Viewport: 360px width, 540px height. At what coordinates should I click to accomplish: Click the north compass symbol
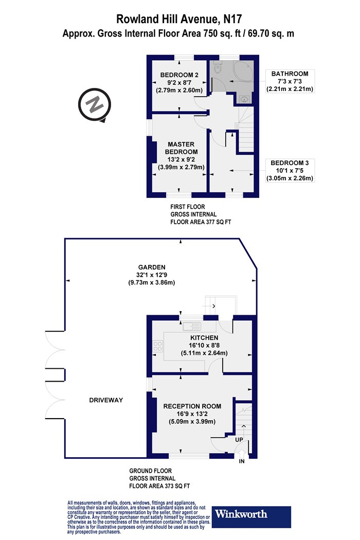click(x=95, y=105)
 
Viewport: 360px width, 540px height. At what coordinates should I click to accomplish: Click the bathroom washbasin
click(x=244, y=100)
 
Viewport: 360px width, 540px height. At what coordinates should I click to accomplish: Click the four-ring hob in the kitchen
click(x=157, y=346)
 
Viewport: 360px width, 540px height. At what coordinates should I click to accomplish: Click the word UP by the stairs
click(x=239, y=439)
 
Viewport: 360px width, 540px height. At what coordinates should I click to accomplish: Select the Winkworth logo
click(x=251, y=516)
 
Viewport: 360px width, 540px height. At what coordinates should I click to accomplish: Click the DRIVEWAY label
click(x=106, y=400)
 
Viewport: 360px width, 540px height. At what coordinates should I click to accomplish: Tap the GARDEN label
click(x=152, y=267)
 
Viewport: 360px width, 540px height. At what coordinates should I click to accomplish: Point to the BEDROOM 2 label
click(x=179, y=75)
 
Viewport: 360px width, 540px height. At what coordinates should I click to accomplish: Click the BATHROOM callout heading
click(x=290, y=74)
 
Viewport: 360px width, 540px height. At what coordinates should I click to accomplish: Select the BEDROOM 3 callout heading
click(x=290, y=163)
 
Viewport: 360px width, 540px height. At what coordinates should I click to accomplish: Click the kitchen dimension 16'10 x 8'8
click(x=204, y=345)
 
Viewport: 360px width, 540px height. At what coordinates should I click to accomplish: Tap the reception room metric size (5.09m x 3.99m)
click(x=192, y=422)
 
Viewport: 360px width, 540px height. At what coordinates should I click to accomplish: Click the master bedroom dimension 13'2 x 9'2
click(x=181, y=159)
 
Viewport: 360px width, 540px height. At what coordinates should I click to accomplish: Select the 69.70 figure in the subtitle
click(x=265, y=33)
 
